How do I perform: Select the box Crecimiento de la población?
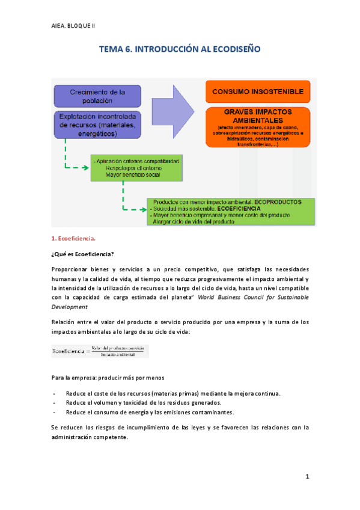(97, 96)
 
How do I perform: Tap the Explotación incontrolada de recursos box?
(97, 124)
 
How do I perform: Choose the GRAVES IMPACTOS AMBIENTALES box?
(257, 127)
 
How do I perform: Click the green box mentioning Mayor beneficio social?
(137, 168)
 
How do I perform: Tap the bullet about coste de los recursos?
(172, 393)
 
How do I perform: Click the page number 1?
(307, 477)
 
